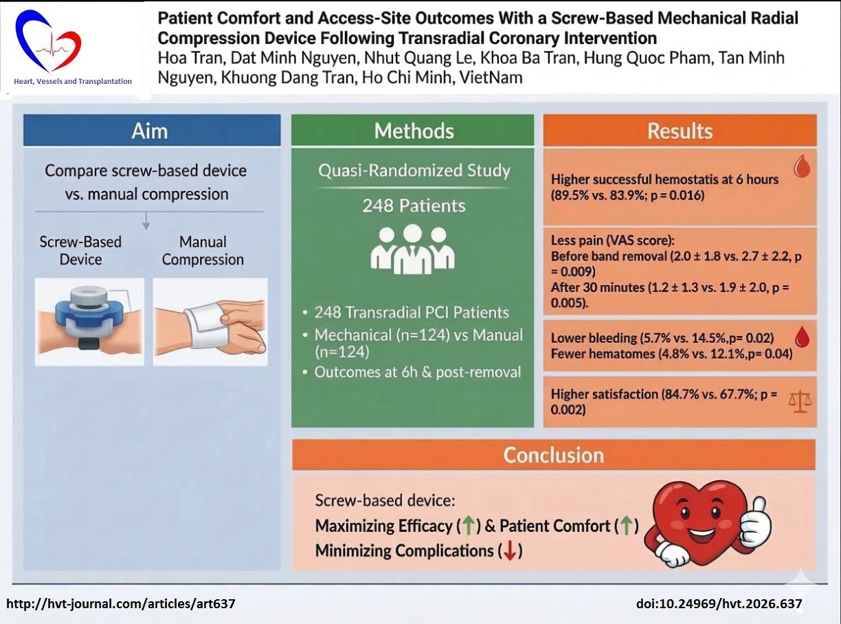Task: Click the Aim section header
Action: point(151,131)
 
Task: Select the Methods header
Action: point(413,131)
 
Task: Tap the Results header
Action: point(680,131)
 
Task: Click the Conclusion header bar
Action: point(553,455)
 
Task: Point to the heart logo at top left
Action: point(48,43)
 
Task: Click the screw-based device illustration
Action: point(89,321)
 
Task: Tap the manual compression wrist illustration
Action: point(209,321)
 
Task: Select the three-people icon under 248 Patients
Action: point(412,248)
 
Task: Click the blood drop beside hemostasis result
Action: point(801,167)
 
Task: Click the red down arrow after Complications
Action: point(510,551)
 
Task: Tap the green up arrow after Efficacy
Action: point(468,526)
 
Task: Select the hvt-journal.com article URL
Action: point(121,604)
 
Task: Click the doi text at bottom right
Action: point(719,604)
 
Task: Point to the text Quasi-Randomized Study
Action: point(414,170)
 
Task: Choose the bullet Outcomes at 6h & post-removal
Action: point(418,372)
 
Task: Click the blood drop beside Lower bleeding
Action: point(801,337)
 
